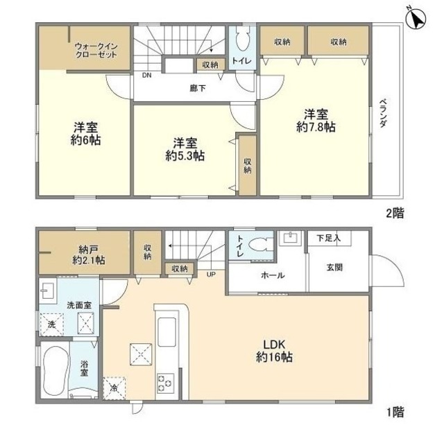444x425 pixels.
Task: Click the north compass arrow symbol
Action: (416, 19)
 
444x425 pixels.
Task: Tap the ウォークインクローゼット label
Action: (96, 51)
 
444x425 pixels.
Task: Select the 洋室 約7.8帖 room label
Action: (316, 121)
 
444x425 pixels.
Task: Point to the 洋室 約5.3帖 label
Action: (185, 149)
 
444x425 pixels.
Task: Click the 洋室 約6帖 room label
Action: (86, 134)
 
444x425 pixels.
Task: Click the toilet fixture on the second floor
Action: (242, 40)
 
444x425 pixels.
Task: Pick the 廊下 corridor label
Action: (198, 89)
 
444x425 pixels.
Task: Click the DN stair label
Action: (146, 76)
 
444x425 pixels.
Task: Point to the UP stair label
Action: (211, 274)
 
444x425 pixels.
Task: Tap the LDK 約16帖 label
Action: (274, 351)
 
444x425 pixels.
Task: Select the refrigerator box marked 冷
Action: (114, 388)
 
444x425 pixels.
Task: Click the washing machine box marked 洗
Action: (51, 324)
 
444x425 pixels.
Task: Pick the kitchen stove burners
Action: (165, 383)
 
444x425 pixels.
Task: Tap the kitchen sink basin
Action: (166, 332)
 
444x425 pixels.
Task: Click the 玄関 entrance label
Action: (334, 268)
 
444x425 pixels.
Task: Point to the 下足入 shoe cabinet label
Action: (328, 238)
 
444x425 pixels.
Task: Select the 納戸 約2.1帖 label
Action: (88, 255)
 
